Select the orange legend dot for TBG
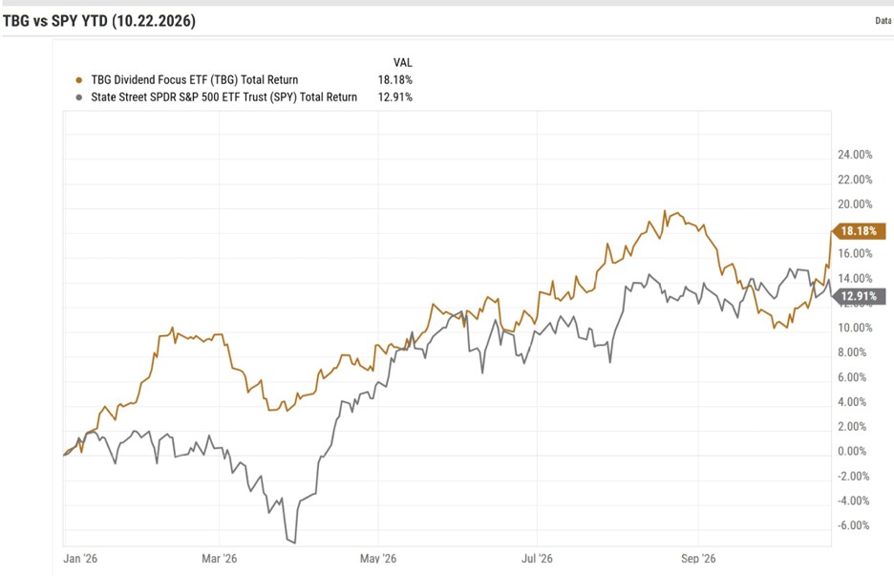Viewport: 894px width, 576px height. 78,80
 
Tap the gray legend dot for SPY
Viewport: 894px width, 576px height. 78,97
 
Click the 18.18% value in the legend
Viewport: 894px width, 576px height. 394,80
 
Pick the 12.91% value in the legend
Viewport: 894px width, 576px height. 394,96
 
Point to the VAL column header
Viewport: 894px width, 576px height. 402,63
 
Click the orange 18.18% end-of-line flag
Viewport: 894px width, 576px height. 859,231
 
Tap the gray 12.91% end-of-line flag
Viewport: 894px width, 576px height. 859,296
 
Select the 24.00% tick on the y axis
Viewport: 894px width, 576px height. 855,155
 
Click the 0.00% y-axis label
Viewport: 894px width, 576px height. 852,451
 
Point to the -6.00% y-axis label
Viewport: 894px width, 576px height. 853,525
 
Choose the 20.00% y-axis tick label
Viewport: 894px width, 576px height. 855,204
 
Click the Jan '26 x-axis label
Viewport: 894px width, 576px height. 80,558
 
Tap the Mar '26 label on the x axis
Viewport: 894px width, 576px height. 219,558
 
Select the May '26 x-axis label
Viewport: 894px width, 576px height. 378,558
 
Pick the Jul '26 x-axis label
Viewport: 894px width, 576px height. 537,558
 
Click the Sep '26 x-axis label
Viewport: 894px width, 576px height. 698,558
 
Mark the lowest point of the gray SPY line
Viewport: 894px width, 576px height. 294,543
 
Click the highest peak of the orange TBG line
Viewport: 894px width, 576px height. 664,210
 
